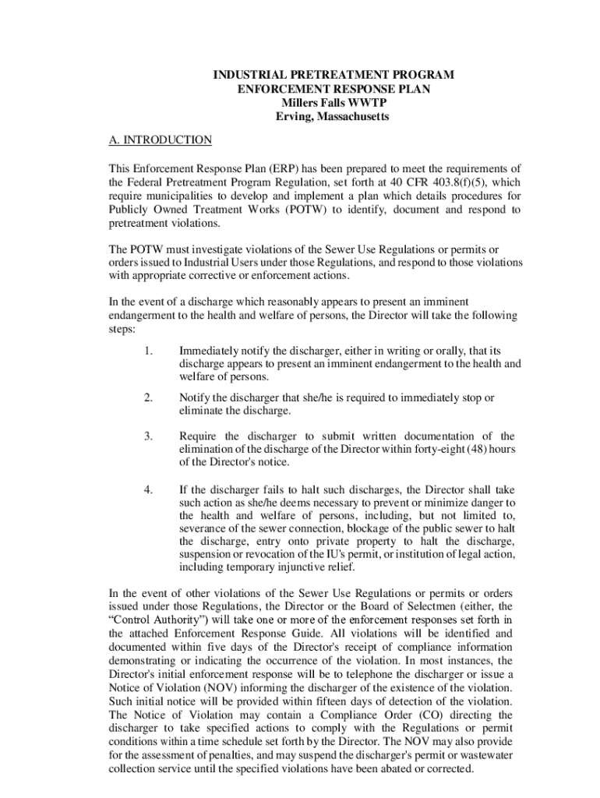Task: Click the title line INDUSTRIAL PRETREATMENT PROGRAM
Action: click(334, 75)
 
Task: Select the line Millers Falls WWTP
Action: click(334, 103)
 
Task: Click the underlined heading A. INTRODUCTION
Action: click(160, 140)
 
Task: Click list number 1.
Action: click(148, 351)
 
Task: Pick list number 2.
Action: click(148, 397)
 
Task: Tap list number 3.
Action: click(148, 436)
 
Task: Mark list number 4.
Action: click(148, 489)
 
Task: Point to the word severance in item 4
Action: click(206, 528)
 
